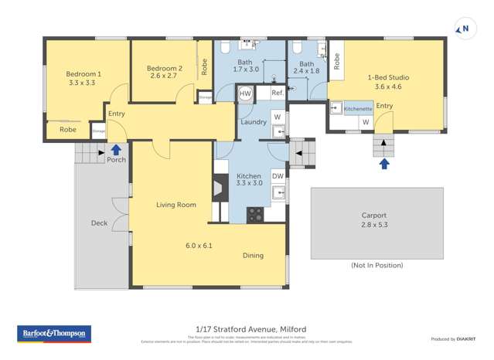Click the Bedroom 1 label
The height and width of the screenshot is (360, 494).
[x=84, y=74]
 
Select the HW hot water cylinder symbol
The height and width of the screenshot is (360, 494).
[x=244, y=94]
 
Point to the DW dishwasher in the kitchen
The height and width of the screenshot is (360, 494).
[x=278, y=176]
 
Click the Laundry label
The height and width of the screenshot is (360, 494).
[x=254, y=122]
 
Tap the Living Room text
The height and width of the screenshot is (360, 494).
[x=176, y=205]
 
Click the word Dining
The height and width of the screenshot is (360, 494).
[x=253, y=256]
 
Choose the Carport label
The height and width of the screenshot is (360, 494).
[x=373, y=216]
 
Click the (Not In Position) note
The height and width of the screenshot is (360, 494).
[x=376, y=265]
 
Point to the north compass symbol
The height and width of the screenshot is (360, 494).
[x=464, y=30]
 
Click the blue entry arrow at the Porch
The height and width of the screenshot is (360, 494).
[x=116, y=149]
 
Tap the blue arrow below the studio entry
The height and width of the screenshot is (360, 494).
[x=384, y=162]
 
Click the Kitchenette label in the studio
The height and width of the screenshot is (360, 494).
[x=358, y=109]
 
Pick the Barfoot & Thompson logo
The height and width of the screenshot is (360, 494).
[x=54, y=335]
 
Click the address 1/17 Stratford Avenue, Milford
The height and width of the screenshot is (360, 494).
[x=247, y=328]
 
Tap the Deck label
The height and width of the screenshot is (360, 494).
[x=99, y=223]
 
